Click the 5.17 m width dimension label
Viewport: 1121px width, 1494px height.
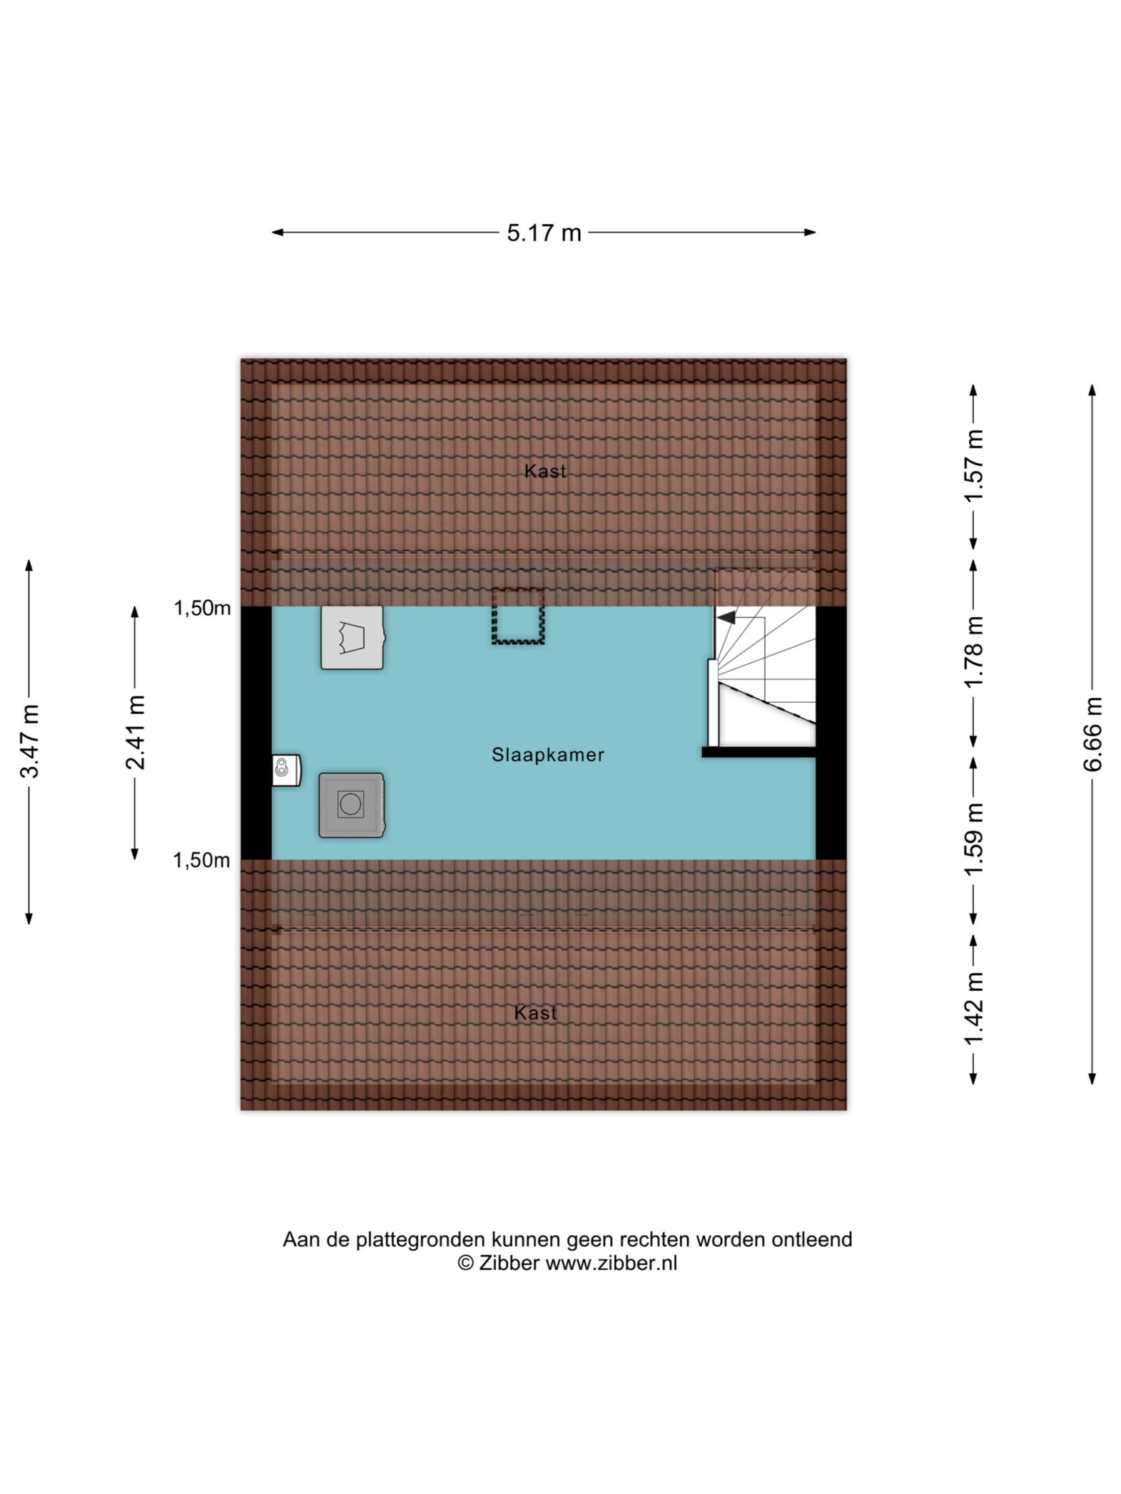(x=544, y=233)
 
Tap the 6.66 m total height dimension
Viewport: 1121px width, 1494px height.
(x=1092, y=734)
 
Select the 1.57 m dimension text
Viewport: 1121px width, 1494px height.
(x=974, y=466)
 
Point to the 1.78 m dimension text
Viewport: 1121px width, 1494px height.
(x=974, y=651)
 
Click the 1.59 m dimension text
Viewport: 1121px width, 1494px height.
(x=974, y=839)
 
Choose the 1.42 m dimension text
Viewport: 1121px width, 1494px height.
(x=974, y=1010)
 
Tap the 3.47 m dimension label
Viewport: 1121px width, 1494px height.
(x=29, y=741)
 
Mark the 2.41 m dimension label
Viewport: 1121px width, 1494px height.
(x=135, y=733)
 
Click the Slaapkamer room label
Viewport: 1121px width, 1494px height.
(x=548, y=754)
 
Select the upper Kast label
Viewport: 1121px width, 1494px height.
(x=545, y=471)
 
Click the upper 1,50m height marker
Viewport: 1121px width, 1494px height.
(x=202, y=608)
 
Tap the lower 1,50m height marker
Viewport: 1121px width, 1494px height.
(x=202, y=860)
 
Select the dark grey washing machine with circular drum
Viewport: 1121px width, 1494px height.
(x=351, y=805)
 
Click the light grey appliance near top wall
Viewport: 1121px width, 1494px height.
(x=353, y=638)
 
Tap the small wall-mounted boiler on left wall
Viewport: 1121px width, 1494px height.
(x=286, y=770)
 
